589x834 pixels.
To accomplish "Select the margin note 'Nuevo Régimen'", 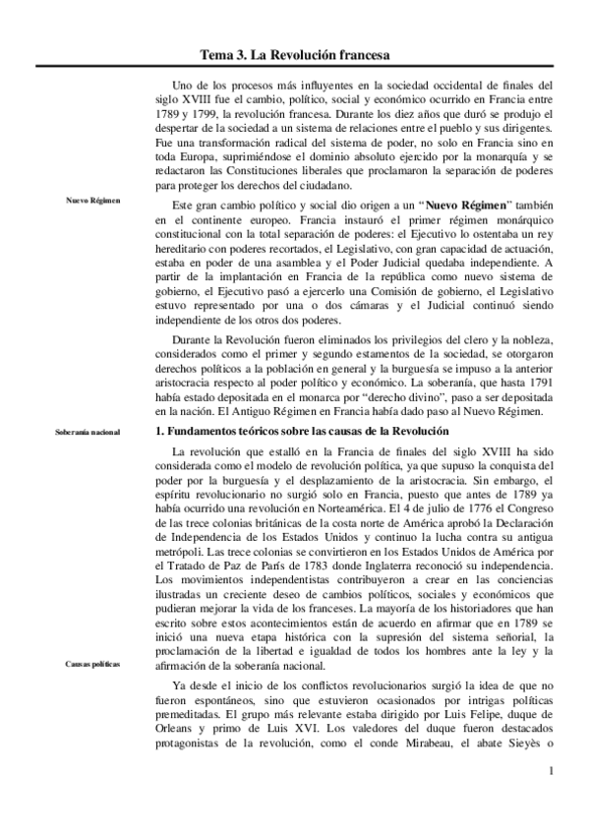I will [93, 201].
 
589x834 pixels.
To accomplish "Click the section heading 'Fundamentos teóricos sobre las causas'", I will [305, 432].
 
